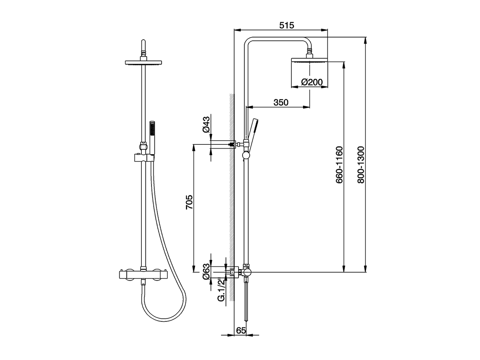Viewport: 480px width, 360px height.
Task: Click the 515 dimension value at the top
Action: pos(286,25)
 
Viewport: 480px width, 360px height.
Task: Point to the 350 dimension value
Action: pos(281,102)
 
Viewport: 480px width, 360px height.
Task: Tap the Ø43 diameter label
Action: pos(206,124)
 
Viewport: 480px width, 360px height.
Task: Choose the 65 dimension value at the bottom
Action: pos(241,330)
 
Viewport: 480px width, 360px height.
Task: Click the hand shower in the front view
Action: pos(152,137)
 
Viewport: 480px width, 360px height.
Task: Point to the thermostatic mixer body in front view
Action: pos(143,275)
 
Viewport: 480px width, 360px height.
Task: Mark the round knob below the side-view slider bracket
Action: pos(246,155)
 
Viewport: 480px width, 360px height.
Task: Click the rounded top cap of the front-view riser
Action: pos(143,42)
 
